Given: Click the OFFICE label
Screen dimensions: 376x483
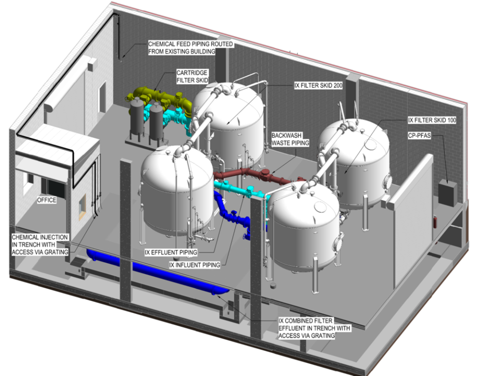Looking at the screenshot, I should pyautogui.click(x=47, y=200).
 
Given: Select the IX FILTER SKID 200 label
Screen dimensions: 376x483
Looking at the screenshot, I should pyautogui.click(x=317, y=85).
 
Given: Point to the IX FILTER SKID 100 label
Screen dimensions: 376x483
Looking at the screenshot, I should pyautogui.click(x=432, y=121).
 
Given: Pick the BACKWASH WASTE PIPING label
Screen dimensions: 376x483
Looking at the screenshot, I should pyautogui.click(x=290, y=139).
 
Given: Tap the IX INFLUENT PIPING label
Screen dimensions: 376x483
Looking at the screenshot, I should pyautogui.click(x=194, y=265).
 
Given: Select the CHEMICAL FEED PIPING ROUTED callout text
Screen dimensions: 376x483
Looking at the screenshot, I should pyautogui.click(x=191, y=47).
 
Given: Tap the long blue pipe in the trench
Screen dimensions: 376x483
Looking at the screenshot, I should pyautogui.click(x=156, y=273).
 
